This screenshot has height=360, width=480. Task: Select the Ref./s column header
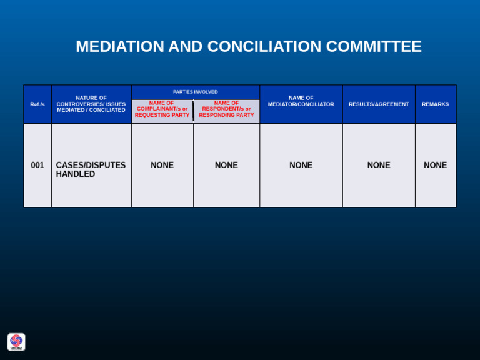click(37, 104)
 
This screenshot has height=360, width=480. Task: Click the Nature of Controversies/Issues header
click(91, 104)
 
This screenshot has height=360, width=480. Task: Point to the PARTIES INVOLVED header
click(195, 92)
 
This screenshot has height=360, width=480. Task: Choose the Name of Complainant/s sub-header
click(162, 109)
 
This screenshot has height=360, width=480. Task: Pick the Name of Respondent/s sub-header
click(226, 109)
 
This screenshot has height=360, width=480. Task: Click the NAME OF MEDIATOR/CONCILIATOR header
click(301, 101)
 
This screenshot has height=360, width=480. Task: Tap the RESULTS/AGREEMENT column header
click(379, 104)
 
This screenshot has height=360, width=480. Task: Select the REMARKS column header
click(435, 104)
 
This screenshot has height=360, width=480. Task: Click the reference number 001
click(37, 166)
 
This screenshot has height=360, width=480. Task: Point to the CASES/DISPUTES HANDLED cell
click(91, 169)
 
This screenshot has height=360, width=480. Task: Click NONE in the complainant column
click(162, 166)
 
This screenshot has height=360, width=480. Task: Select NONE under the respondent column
click(226, 166)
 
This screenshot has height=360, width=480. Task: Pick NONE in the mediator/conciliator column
click(301, 166)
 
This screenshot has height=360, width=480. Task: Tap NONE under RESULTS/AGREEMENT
click(379, 166)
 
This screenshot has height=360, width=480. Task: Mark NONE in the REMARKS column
click(435, 166)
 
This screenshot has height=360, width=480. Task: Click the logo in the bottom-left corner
click(16, 342)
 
